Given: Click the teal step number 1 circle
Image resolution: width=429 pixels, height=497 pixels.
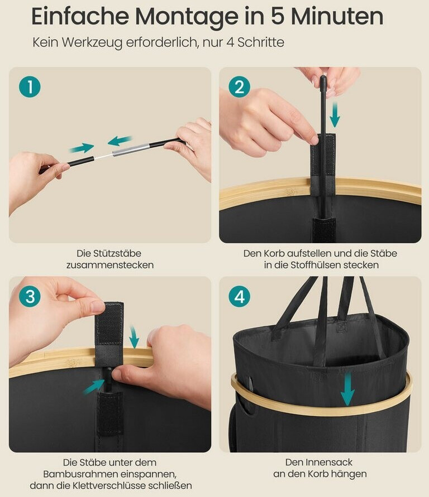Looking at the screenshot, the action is [30, 86].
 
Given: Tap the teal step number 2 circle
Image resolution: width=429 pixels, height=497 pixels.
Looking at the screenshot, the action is [239, 86].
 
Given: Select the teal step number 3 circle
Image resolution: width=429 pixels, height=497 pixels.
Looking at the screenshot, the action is [30, 297].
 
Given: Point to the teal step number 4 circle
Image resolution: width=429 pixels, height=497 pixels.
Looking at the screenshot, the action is [239, 297].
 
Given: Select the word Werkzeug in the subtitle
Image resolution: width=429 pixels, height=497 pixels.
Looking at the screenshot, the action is [92, 43].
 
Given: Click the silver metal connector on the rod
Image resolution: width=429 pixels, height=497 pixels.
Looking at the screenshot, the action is [131, 149].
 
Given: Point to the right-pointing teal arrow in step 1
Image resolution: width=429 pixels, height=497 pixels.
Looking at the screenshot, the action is [82, 148].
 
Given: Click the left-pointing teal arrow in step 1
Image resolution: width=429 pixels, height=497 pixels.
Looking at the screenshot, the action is [120, 141].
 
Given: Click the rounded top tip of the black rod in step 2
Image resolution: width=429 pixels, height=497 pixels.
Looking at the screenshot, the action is [323, 78].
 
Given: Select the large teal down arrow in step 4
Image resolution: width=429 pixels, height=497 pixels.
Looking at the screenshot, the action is [347, 389].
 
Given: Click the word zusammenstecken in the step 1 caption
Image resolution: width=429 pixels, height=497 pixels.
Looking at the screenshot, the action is [110, 265].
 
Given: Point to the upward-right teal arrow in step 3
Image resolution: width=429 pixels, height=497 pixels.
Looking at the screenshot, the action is [94, 387].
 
